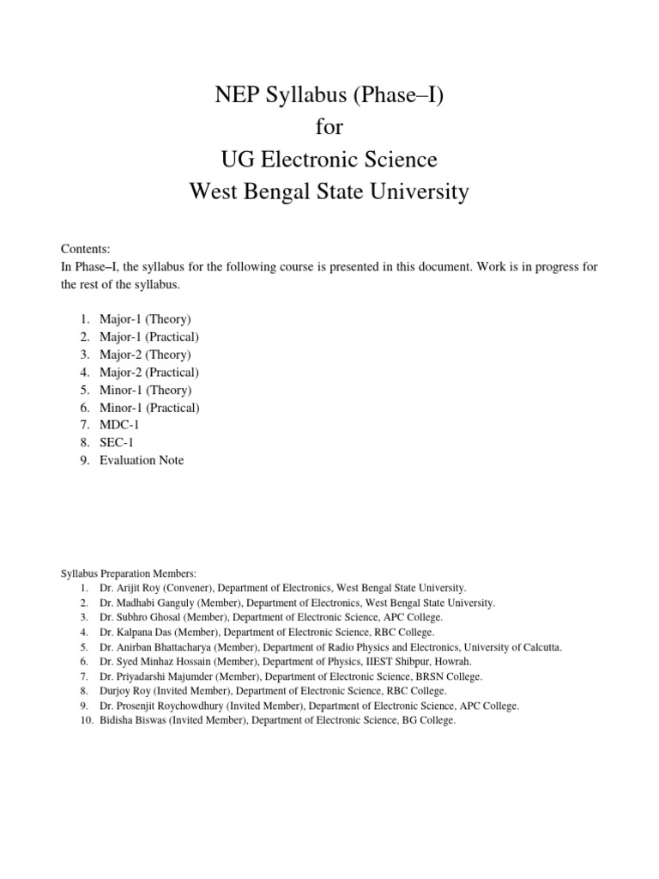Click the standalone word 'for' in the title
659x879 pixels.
(329, 128)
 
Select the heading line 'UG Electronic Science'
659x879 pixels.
(329, 160)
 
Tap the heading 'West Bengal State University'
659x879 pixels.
(329, 191)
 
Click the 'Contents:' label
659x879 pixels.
(84, 247)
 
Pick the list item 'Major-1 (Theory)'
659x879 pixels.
(145, 319)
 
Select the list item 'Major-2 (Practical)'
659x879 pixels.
(149, 373)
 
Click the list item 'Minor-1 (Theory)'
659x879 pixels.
(145, 390)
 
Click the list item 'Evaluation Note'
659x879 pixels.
(142, 460)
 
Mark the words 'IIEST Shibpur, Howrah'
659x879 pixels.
(417, 662)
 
